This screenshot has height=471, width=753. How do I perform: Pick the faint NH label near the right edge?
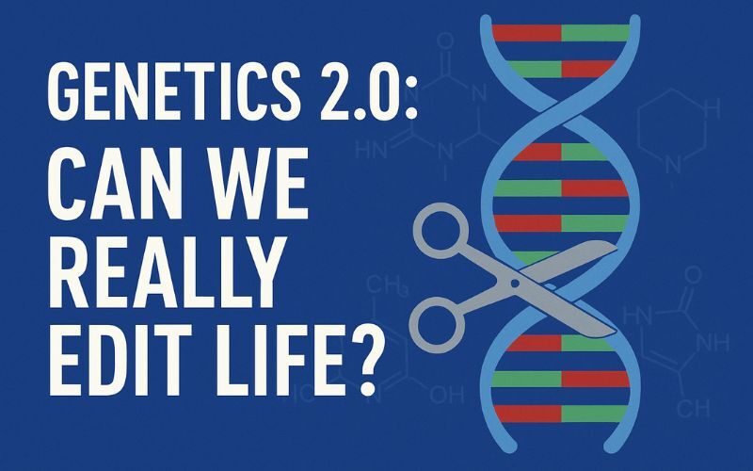[x=713, y=341]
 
